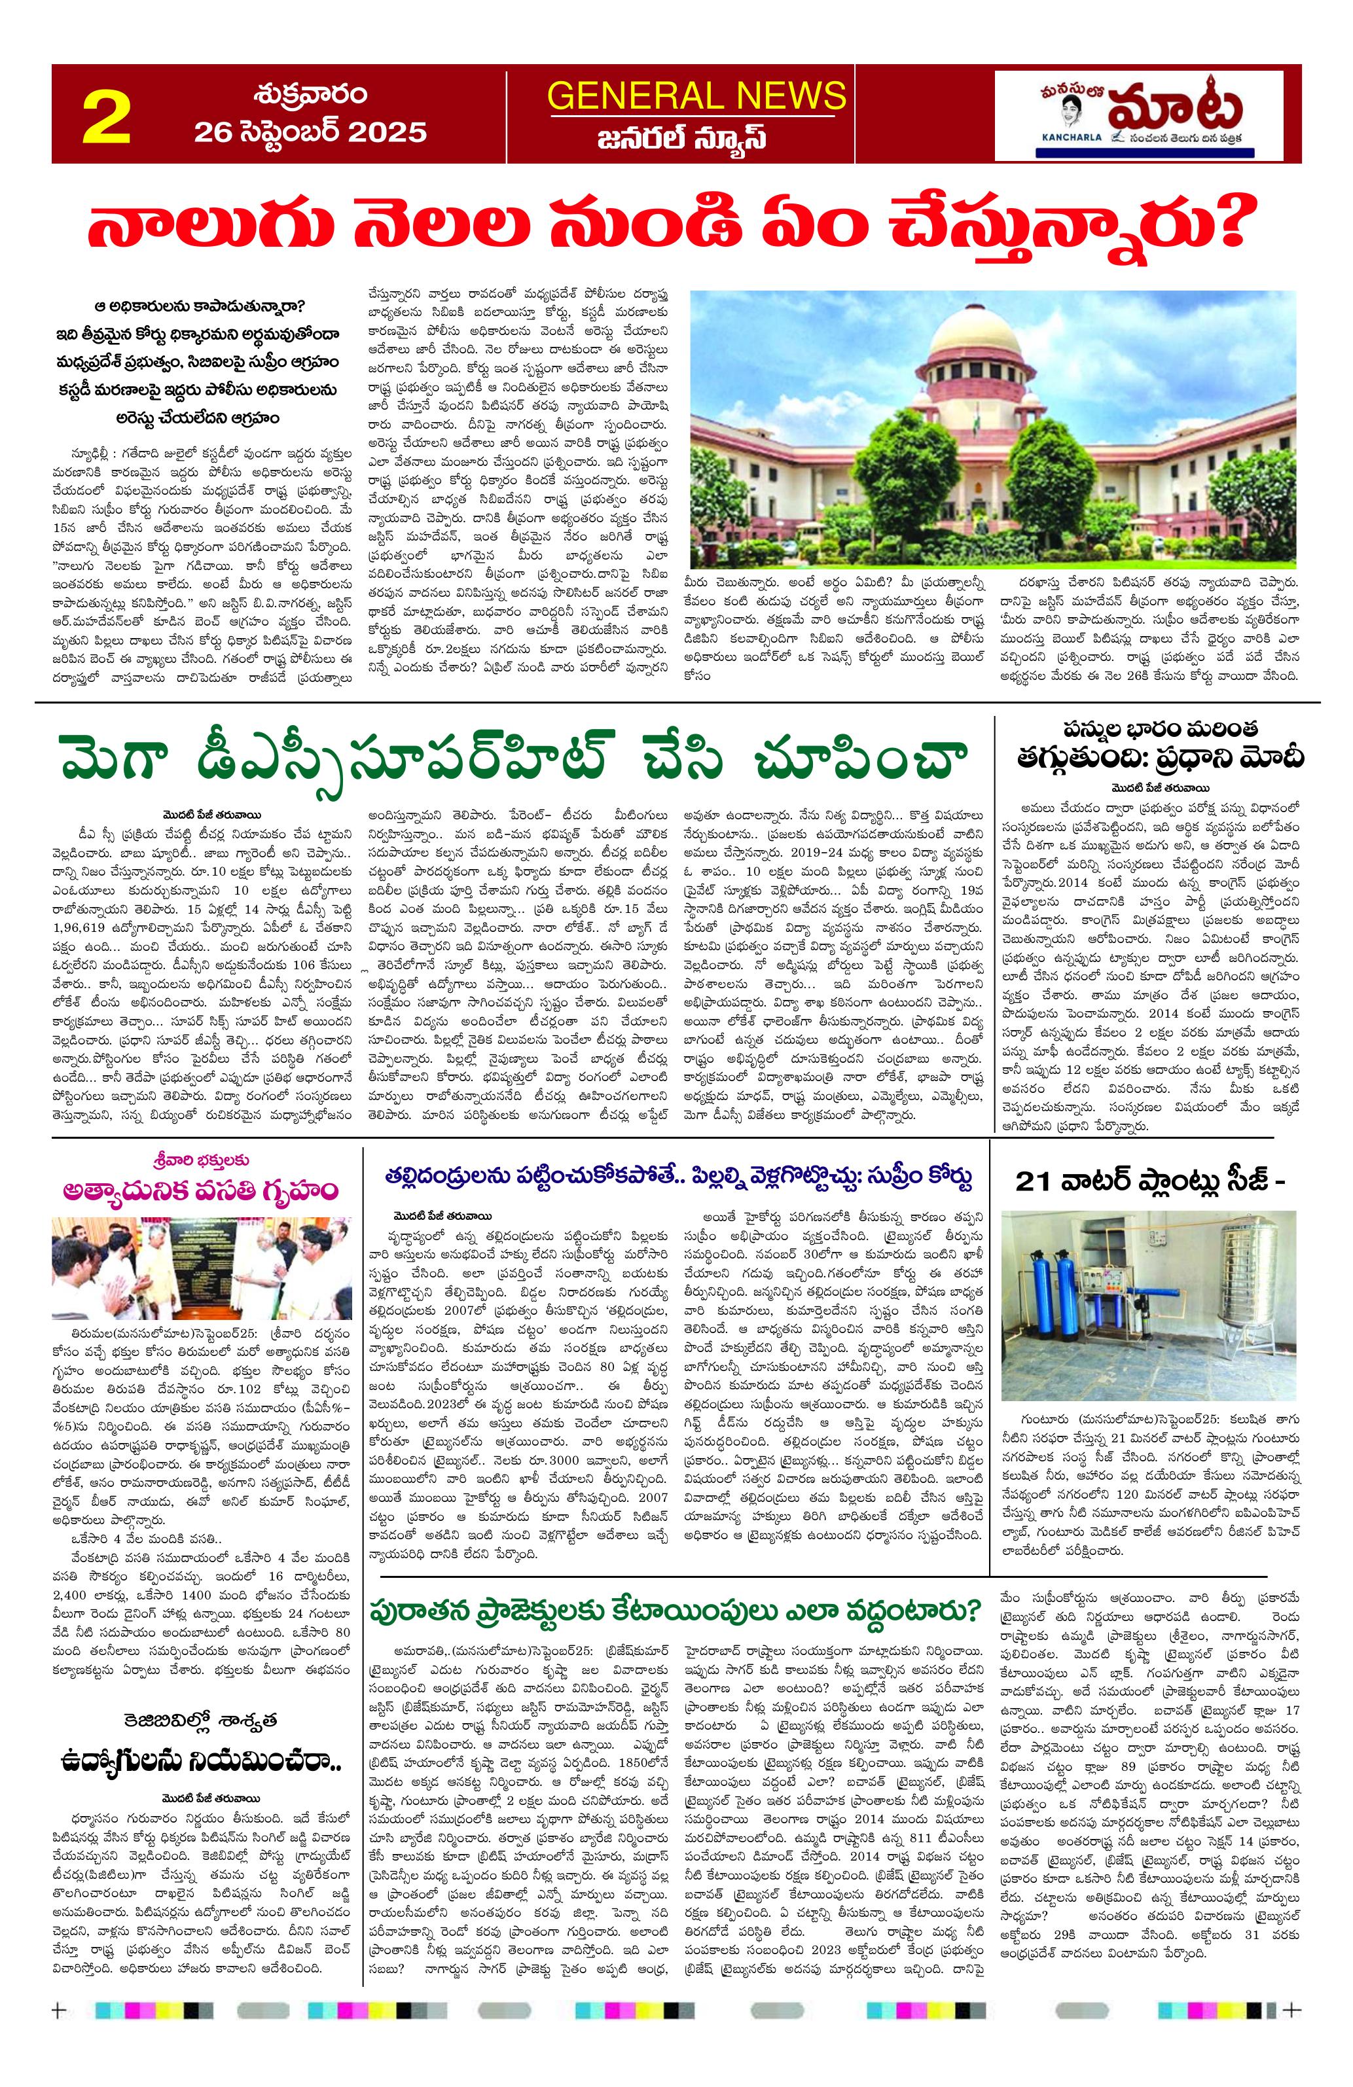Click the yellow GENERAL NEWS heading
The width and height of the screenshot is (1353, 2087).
pyautogui.click(x=696, y=96)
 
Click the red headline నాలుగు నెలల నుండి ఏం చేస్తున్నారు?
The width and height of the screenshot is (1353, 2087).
pyautogui.click(x=666, y=228)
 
